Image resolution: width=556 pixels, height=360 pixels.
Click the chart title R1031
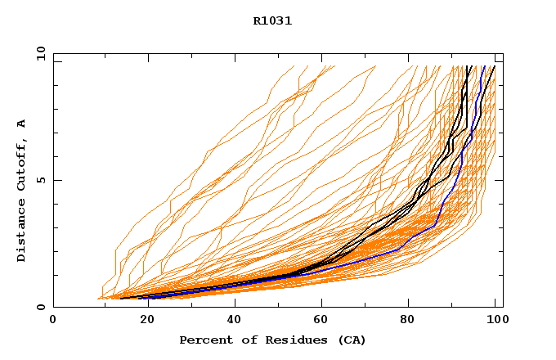pos(272,21)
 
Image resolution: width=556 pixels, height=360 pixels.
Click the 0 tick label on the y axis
pos(40,307)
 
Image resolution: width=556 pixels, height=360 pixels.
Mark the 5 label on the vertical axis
pos(40,180)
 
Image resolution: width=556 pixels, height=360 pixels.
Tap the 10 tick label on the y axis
pos(40,53)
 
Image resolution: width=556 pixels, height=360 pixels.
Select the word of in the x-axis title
pos(244,340)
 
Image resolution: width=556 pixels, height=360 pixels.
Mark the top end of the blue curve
pos(484,66)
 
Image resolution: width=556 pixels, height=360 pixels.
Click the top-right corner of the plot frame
pos(503,53)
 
